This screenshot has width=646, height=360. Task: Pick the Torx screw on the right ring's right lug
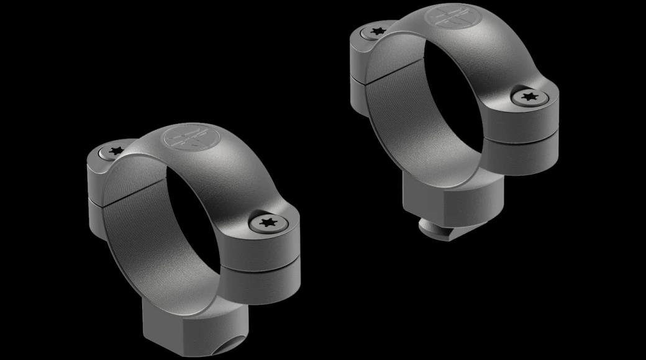click(x=529, y=96)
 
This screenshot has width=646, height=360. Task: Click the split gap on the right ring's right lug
click(x=522, y=138)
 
